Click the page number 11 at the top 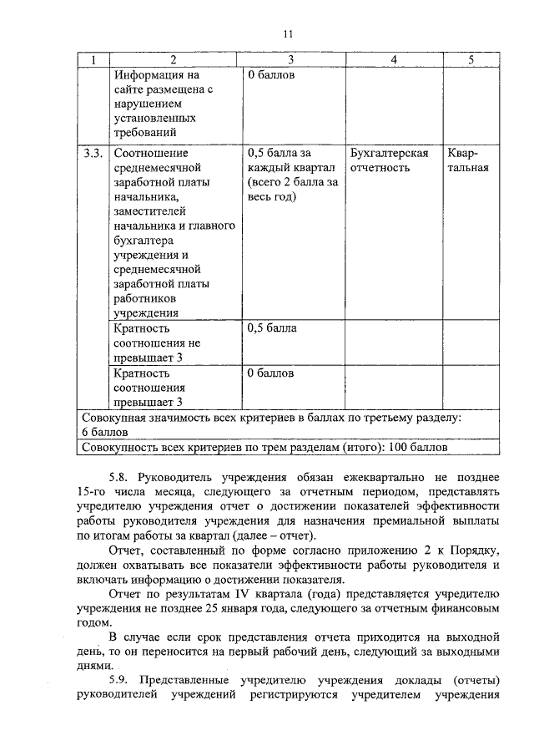click(287, 33)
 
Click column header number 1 click(93, 60)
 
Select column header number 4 click(393, 60)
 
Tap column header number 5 click(471, 60)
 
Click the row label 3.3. click(93, 153)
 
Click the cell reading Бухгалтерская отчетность click(390, 160)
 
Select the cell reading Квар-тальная click(467, 160)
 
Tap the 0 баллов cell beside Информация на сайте click(271, 75)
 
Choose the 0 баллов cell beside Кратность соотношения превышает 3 click(271, 373)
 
